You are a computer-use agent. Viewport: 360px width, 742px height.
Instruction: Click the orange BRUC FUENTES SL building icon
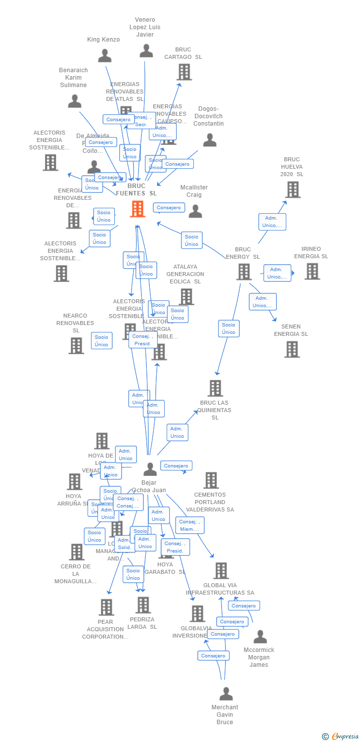[x=137, y=209]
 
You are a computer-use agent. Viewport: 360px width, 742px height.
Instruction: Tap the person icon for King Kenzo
[x=104, y=55]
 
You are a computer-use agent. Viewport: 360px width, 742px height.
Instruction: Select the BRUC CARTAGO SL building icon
[x=184, y=72]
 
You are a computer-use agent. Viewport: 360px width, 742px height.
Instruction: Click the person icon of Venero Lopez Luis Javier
[x=146, y=50]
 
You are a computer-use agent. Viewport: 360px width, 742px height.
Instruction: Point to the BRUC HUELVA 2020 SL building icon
[x=292, y=189]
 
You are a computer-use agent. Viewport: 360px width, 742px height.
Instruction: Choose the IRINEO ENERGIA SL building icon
[x=312, y=271]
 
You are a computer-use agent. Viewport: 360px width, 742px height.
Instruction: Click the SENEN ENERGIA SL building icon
[x=292, y=349]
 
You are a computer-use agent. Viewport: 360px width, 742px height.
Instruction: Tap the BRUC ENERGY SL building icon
[x=243, y=272]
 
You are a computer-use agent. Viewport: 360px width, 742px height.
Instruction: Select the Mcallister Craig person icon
[x=195, y=211]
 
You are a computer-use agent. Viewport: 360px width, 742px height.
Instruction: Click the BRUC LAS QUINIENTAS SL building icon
[x=215, y=388]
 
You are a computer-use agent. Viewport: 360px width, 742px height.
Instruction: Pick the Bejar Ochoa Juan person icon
[x=150, y=469]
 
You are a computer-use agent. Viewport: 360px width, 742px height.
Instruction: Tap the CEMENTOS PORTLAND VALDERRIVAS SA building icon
[x=211, y=480]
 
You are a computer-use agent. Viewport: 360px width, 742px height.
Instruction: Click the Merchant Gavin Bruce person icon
[x=226, y=694]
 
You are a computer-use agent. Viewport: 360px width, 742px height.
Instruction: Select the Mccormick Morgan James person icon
[x=260, y=637]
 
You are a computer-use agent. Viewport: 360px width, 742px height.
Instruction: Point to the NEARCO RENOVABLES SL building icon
[x=76, y=346]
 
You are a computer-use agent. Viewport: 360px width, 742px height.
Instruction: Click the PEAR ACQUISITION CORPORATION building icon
[x=106, y=607]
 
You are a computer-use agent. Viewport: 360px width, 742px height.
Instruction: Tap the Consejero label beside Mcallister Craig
[x=169, y=208]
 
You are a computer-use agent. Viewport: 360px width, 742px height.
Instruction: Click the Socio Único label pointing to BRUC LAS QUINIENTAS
[x=228, y=328]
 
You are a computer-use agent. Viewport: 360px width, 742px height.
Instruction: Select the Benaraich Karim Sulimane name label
[x=73, y=78]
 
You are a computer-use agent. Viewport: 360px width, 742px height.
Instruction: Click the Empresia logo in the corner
[x=342, y=737]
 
